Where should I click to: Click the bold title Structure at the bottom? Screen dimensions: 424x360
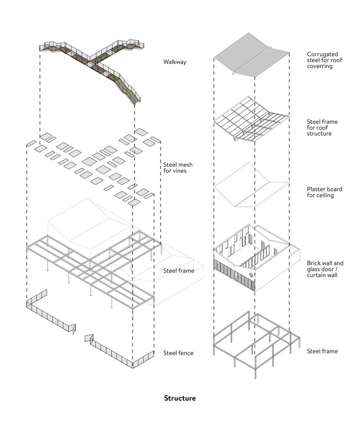[180, 398]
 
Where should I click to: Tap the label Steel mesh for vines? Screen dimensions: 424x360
[178, 168]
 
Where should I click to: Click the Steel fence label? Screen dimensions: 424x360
[178, 352]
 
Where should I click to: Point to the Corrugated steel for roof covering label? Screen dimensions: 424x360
[325, 60]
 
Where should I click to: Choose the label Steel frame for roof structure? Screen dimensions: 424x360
[322, 128]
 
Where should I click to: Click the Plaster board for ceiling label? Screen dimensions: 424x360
[324, 192]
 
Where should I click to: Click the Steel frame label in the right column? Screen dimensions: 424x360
[322, 351]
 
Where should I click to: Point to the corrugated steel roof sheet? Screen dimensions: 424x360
[236, 57]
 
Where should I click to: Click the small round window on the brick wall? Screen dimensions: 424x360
[251, 275]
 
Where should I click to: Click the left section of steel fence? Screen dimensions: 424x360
[49, 313]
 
